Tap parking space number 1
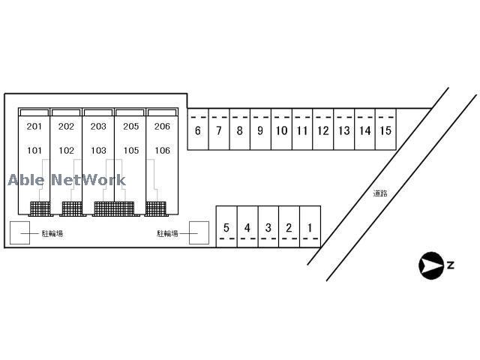310,227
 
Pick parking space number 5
226,227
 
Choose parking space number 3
268,227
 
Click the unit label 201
34,126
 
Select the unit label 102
66,150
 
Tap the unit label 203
98,126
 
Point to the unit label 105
130,150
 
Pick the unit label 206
162,126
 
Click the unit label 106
162,150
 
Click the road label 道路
380,193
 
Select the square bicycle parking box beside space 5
199,233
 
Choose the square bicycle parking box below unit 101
19,233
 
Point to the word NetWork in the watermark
89,180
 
